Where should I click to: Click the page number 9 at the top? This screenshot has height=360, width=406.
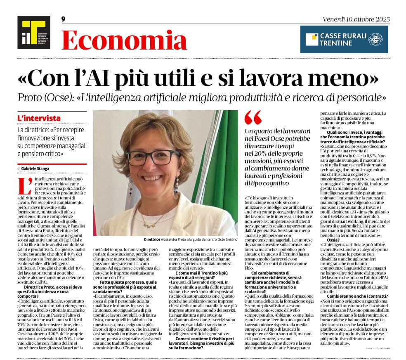pyautogui.click(x=63, y=19)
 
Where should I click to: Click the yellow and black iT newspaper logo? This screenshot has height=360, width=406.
pyautogui.click(x=33, y=33)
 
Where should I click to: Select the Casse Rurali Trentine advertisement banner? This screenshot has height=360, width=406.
pyautogui.click(x=344, y=39)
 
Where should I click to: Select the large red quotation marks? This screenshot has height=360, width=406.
pyautogui.click(x=253, y=118)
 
